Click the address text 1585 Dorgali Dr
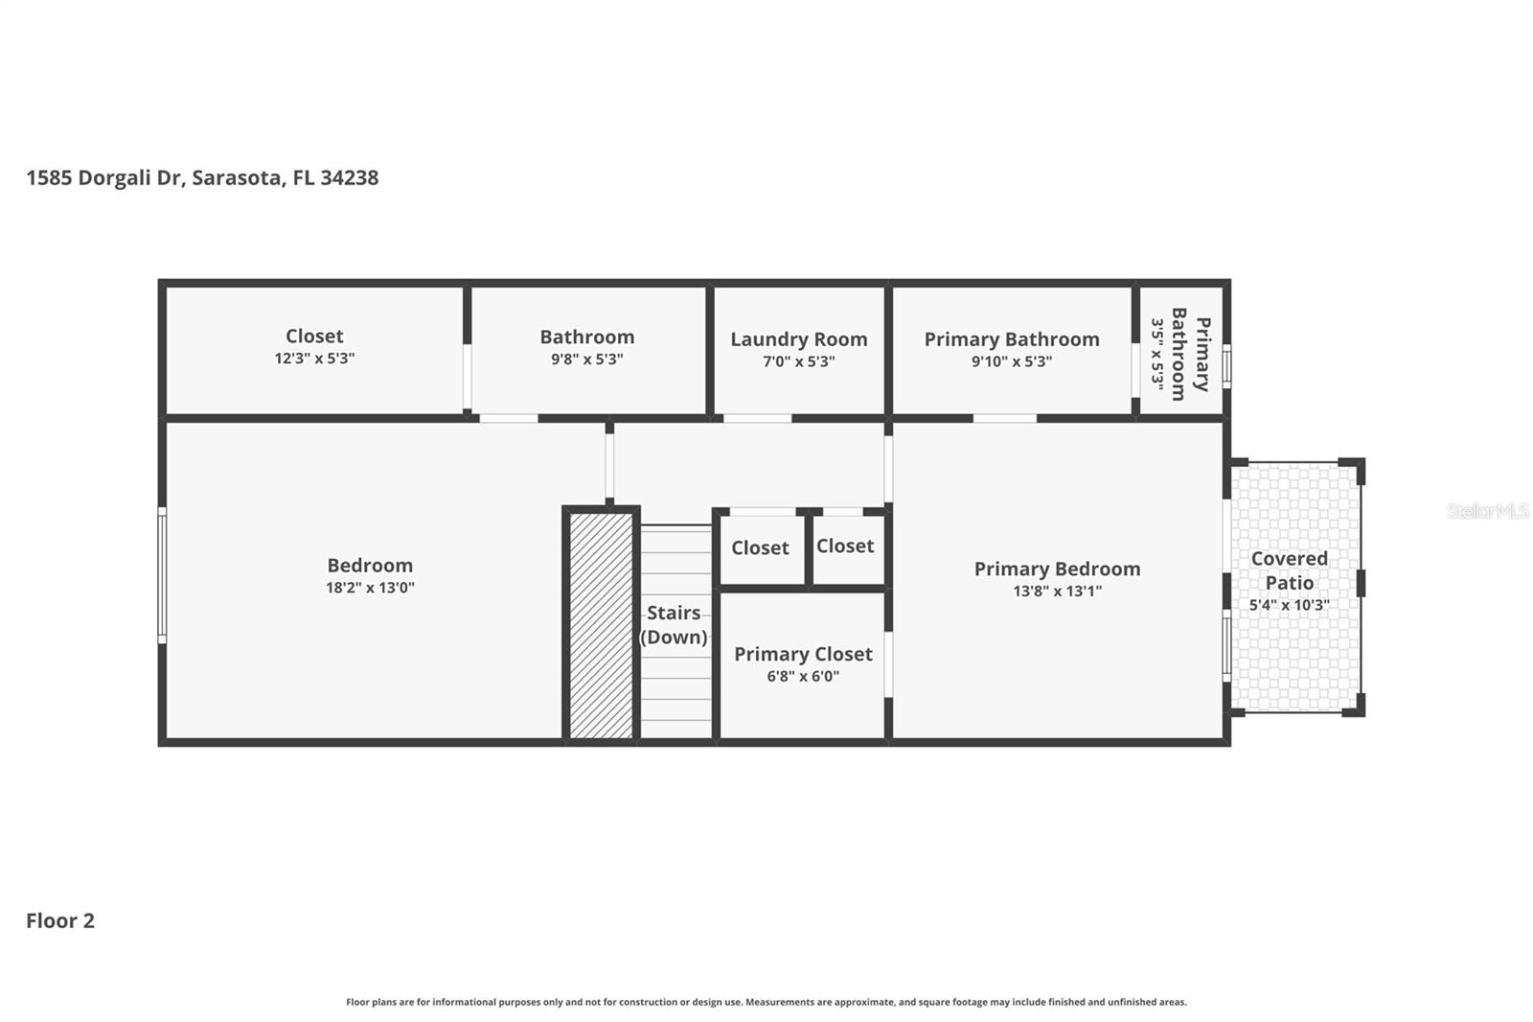click(105, 178)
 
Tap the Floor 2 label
click(60, 920)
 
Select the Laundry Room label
click(798, 339)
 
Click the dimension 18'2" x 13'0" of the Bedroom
click(370, 588)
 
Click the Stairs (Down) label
click(674, 624)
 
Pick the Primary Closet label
click(803, 654)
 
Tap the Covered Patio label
click(1289, 570)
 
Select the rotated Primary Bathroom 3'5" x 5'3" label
click(1179, 353)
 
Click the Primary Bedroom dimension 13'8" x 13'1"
click(1057, 591)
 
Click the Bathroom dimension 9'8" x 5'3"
click(586, 360)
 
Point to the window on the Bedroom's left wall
click(162, 575)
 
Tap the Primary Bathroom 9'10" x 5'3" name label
click(1011, 339)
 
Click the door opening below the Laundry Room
click(757, 418)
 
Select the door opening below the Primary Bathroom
click(1004, 418)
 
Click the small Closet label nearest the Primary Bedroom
click(844, 546)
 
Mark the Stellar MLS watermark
click(1487, 511)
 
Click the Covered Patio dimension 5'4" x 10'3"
click(1289, 605)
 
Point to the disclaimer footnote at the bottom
click(766, 1002)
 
